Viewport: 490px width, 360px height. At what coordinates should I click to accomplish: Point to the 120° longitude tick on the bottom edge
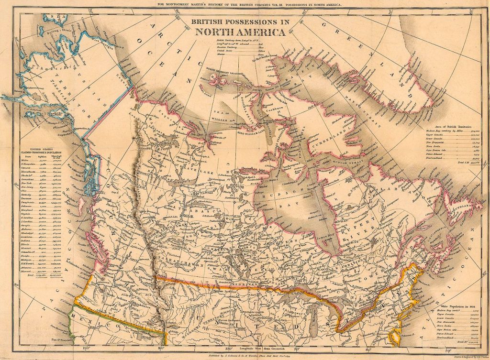click(x=86, y=352)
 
